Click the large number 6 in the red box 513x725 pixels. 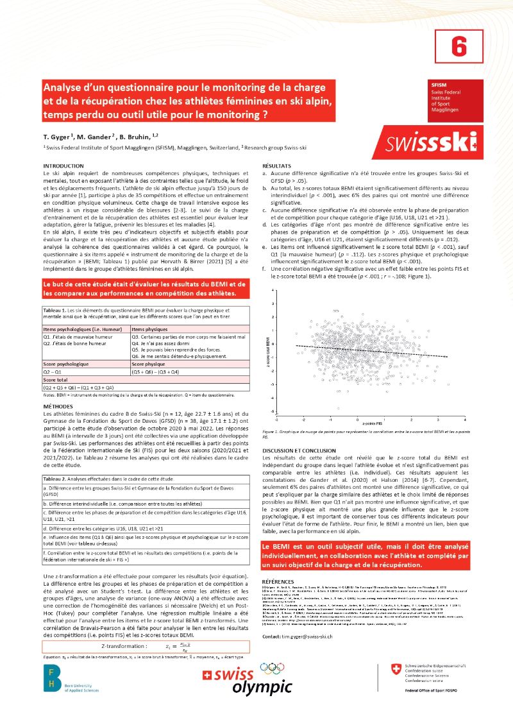(457, 46)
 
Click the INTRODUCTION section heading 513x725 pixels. (63, 166)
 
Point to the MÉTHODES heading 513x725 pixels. (58, 407)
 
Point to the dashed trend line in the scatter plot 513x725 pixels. (372, 351)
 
